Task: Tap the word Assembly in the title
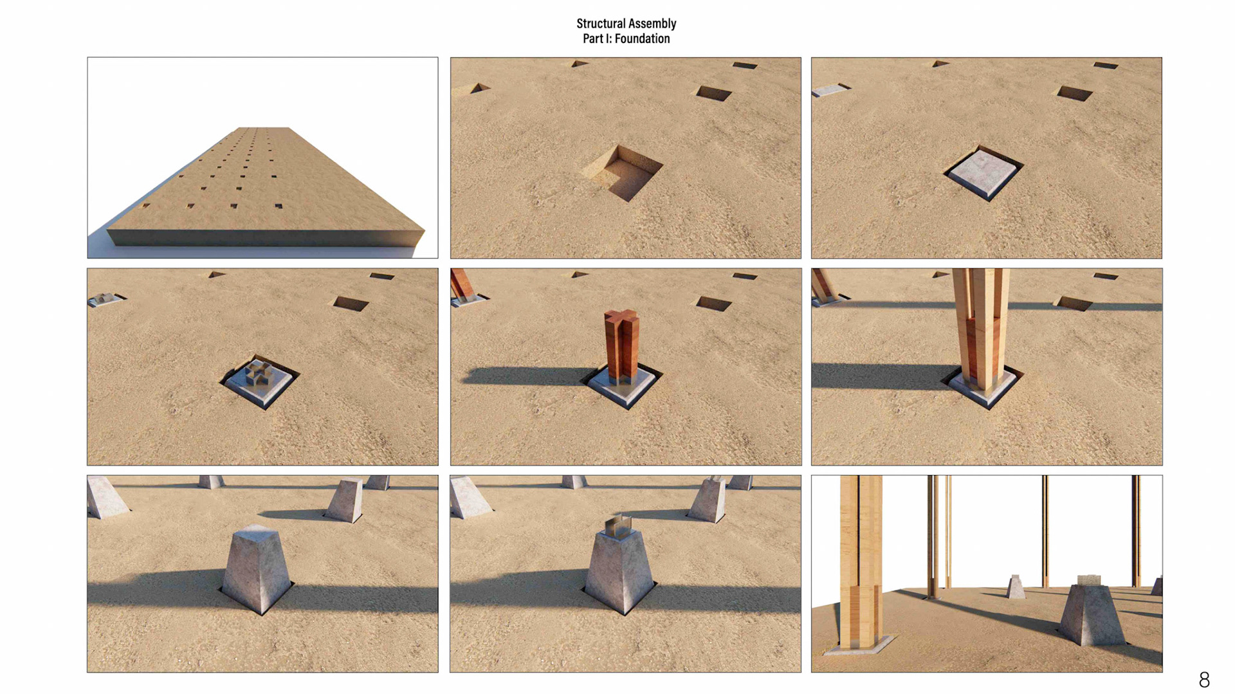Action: click(654, 24)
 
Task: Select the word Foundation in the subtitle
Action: click(642, 39)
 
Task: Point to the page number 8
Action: click(1204, 679)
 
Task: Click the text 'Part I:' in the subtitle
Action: click(597, 39)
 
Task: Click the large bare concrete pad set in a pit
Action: click(983, 173)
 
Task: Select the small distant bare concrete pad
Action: click(829, 89)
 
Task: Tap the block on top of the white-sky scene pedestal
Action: click(1089, 580)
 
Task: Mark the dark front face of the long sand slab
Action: click(264, 237)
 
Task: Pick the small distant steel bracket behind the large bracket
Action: click(103, 298)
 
